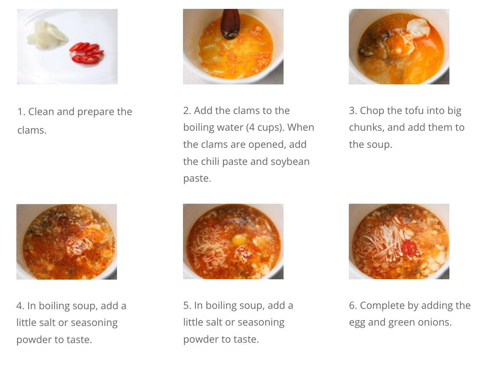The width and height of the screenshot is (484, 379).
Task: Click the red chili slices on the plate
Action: pos(87,53)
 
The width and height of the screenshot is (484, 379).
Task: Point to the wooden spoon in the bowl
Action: pos(230,24)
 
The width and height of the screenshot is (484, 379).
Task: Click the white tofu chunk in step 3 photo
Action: pos(418,28)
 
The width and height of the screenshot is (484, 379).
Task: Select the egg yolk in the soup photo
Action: pos(240,239)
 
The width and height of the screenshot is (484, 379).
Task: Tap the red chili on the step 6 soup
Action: pos(409,248)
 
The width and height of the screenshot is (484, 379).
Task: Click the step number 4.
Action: pos(20,306)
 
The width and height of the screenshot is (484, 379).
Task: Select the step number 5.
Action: pos(187,306)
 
